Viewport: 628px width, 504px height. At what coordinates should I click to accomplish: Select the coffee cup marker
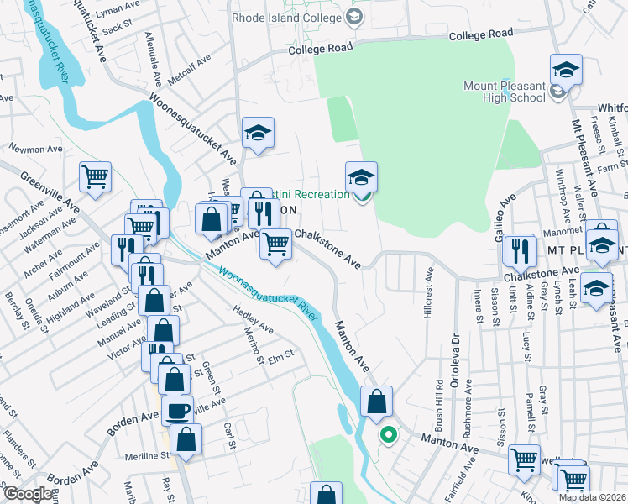[x=176, y=411]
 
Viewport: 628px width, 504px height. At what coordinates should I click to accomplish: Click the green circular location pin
[x=387, y=434]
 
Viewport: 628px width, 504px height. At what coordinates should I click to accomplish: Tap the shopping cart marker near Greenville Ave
[x=96, y=177]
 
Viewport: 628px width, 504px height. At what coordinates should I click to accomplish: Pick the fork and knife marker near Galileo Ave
[x=519, y=249]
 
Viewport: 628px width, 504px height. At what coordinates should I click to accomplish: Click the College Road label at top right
[x=480, y=34]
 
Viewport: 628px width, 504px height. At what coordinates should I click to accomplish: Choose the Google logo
[x=27, y=494]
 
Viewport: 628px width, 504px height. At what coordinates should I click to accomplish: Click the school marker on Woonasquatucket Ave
[x=258, y=133]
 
